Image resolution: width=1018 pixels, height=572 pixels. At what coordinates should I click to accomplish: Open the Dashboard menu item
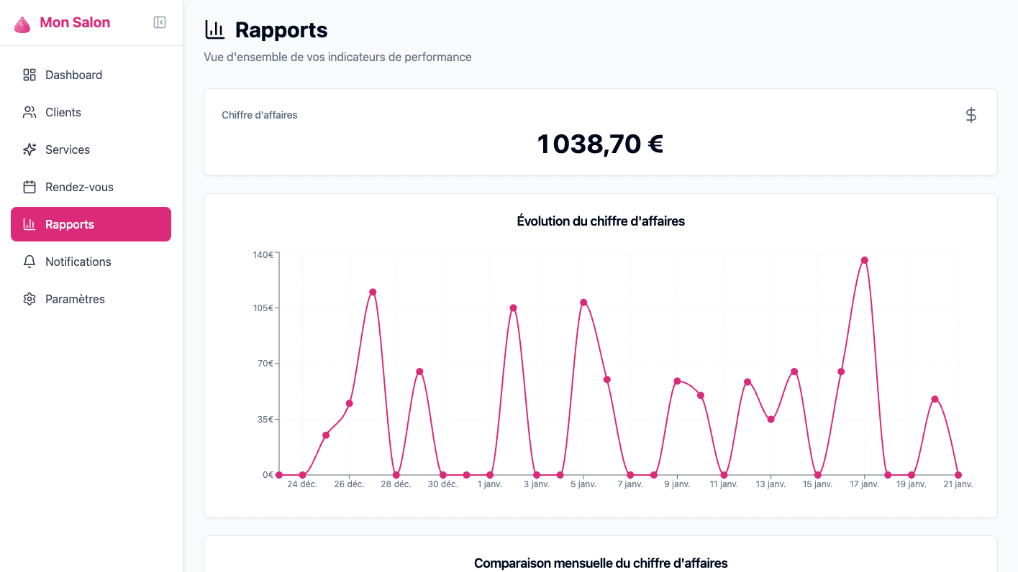click(x=73, y=75)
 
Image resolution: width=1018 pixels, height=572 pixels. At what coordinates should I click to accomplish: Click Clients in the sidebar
click(x=63, y=112)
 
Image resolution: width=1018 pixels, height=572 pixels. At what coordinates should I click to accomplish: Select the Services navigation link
click(x=67, y=149)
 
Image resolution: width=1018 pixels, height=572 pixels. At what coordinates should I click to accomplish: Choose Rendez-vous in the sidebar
click(x=79, y=187)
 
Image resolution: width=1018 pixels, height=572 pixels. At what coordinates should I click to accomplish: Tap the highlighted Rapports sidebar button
click(x=91, y=224)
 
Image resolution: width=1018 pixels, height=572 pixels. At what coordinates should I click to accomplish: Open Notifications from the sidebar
click(x=78, y=262)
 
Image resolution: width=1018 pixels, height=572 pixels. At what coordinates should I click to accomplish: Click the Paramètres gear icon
click(x=29, y=299)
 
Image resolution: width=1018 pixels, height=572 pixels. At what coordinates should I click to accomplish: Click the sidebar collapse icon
click(x=160, y=22)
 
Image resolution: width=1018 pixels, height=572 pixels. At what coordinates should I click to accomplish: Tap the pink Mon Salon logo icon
click(x=22, y=24)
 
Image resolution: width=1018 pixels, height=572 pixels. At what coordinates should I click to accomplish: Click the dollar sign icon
click(x=971, y=115)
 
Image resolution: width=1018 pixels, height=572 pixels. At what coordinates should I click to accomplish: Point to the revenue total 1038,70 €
click(x=600, y=144)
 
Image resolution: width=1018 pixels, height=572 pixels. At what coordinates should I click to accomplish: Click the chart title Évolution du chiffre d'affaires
click(x=600, y=221)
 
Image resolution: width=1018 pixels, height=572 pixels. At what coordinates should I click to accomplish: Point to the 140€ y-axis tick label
click(x=262, y=254)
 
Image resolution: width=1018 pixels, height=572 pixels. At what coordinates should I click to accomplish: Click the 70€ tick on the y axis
click(x=265, y=364)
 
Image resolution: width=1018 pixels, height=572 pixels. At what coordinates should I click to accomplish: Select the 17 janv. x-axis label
click(x=864, y=484)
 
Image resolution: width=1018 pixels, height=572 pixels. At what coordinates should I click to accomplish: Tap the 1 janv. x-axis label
click(x=489, y=484)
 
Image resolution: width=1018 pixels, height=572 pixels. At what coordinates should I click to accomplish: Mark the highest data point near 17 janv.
click(x=864, y=260)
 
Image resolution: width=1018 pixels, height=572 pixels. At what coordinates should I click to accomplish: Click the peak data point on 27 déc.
click(x=373, y=292)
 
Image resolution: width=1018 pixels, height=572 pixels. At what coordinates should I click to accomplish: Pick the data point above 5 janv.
click(x=583, y=303)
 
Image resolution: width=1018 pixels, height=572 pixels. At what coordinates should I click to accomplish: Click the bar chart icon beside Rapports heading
click(x=214, y=29)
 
